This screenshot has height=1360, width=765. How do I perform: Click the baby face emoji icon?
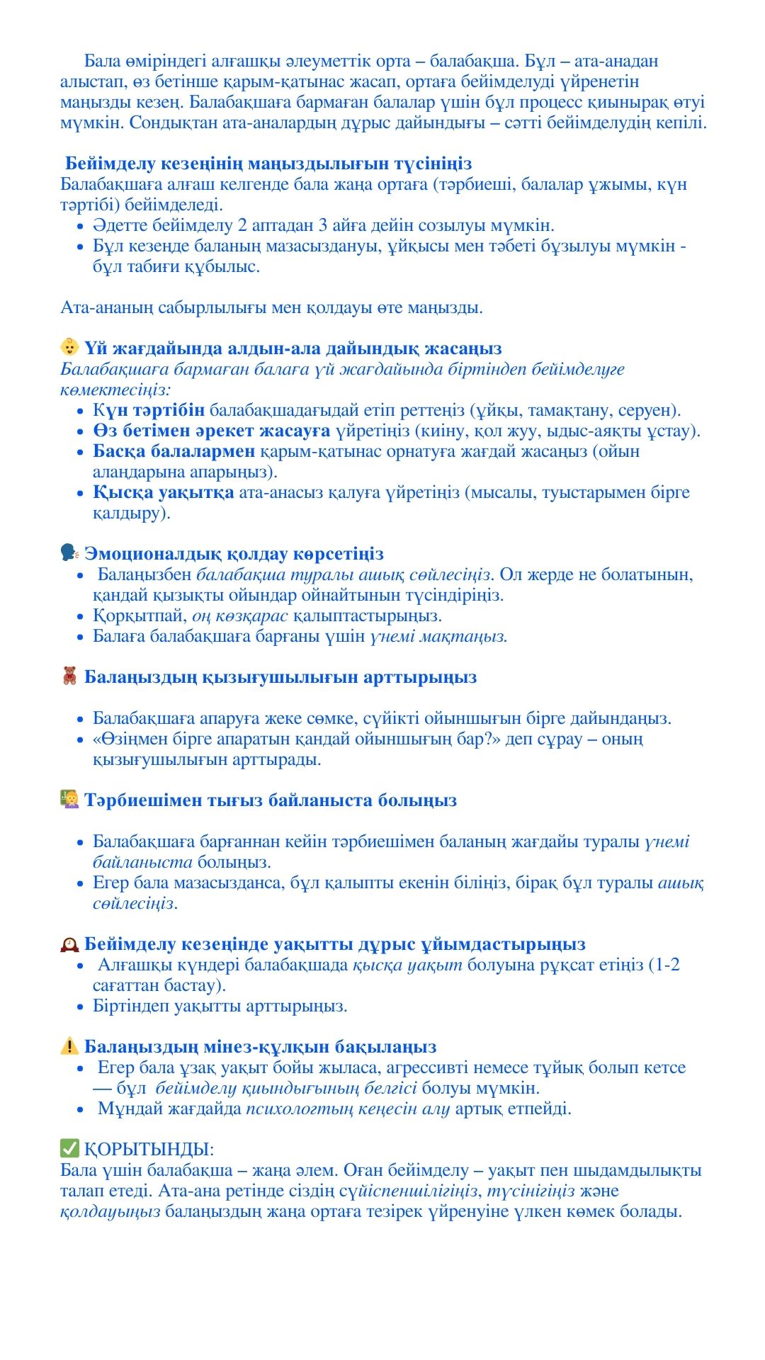69,348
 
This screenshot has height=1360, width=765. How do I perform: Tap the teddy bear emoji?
69,676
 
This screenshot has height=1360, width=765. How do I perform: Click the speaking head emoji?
69,552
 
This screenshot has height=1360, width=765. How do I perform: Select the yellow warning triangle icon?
69,1045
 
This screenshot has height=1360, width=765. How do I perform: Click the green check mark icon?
69,1148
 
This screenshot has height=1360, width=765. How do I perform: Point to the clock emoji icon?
69,943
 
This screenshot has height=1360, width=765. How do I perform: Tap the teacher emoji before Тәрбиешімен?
69,800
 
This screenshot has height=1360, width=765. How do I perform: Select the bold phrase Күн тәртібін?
149,410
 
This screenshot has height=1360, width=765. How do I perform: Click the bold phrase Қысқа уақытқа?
163,492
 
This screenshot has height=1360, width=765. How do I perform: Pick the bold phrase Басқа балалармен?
174,451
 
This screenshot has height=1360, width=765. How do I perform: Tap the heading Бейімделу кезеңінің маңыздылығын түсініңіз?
268,164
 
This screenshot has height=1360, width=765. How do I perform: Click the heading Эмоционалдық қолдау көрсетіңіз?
234,554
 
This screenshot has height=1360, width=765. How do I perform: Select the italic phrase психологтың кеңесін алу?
348,1109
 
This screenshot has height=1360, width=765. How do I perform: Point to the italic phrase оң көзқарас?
240,616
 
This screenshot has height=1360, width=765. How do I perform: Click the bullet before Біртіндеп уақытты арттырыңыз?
80,1007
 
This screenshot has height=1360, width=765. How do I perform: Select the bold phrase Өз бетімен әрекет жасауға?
211,431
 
